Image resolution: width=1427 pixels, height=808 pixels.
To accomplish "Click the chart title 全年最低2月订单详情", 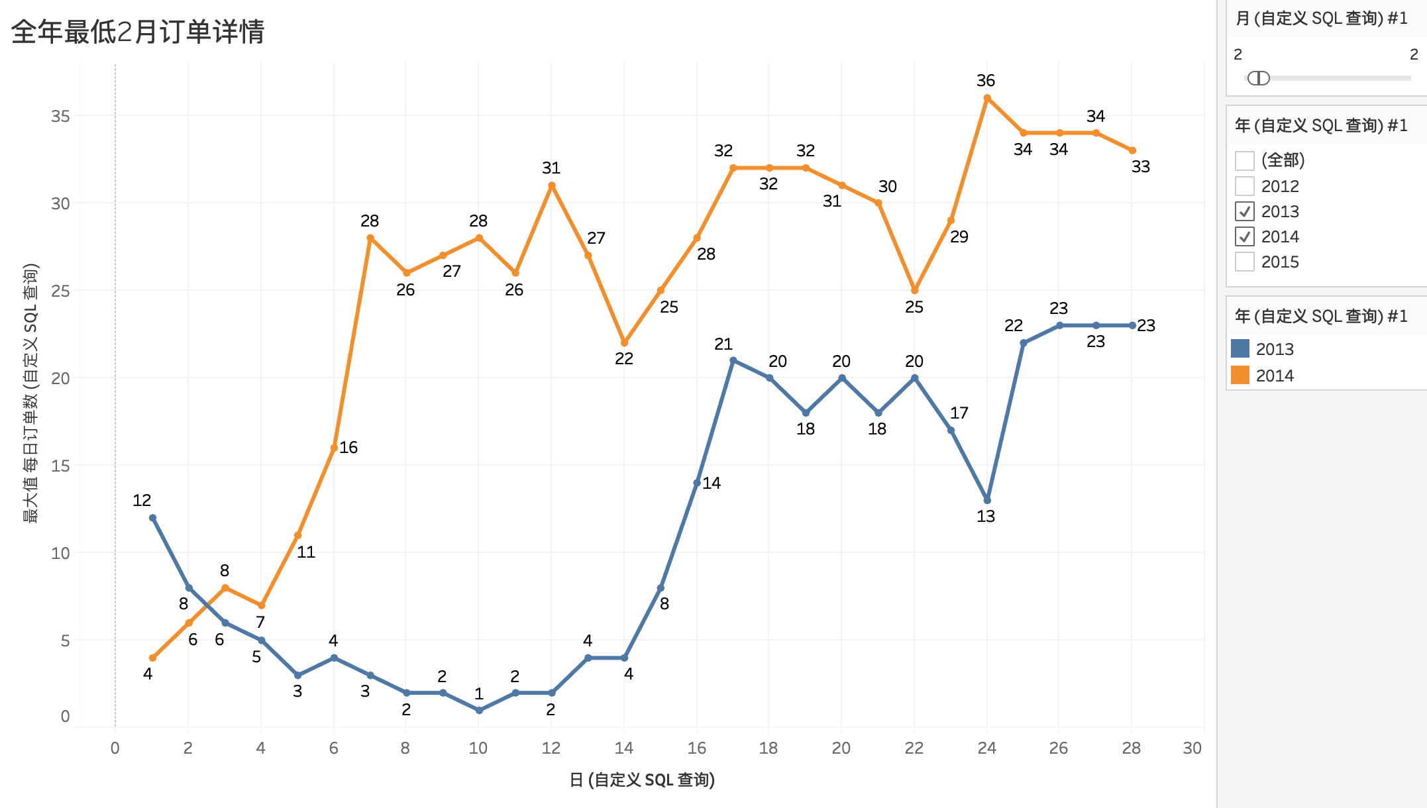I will [x=138, y=32].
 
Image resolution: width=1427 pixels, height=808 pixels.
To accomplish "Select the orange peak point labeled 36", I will [x=987, y=98].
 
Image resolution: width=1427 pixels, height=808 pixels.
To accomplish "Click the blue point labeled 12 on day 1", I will [x=153, y=518].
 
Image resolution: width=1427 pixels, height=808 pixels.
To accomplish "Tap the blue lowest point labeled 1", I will [x=480, y=710].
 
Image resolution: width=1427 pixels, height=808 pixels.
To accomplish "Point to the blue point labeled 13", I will [x=987, y=500].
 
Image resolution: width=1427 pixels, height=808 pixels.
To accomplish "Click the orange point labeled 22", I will [x=624, y=342].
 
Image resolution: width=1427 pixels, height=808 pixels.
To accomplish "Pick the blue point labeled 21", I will [x=733, y=360].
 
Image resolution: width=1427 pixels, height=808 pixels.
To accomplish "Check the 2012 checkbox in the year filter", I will [x=1245, y=186].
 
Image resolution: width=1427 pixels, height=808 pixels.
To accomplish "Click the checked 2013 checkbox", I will [x=1245, y=211].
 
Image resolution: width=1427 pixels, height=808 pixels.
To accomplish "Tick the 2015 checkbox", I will [x=1245, y=262].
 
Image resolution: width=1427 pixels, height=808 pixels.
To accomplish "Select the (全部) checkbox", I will [x=1245, y=161].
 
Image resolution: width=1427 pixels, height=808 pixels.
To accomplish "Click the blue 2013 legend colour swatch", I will [x=1240, y=348].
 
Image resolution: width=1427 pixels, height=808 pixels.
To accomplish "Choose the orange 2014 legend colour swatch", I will [x=1240, y=375].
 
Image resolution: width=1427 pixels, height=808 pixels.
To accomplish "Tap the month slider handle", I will [x=1258, y=78].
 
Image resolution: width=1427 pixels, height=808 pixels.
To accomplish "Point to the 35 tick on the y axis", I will [x=60, y=117].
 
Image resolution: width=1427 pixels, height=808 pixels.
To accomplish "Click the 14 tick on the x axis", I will [x=624, y=748].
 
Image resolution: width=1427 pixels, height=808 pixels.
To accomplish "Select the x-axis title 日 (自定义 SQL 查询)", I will [x=642, y=780].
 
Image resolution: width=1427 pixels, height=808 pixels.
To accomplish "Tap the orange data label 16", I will [x=348, y=448].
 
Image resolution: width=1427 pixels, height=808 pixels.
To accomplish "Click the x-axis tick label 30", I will [x=1192, y=748].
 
